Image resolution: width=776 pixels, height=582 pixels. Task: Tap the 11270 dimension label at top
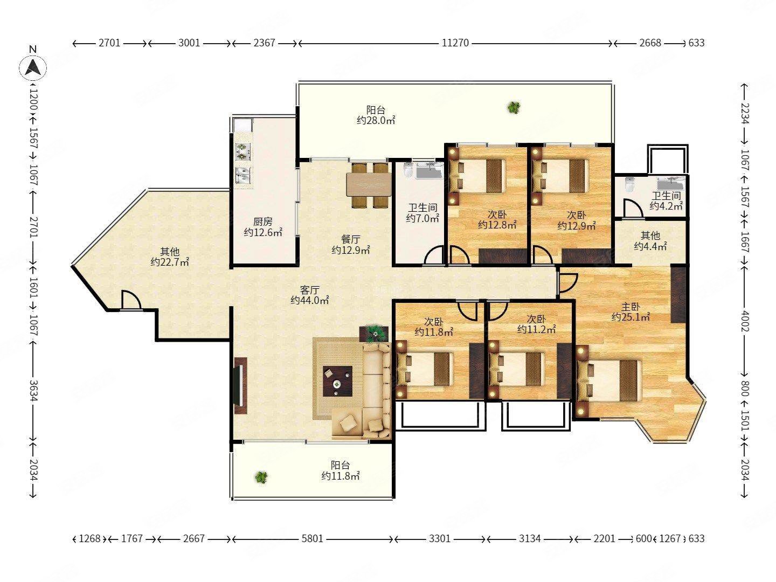(455, 43)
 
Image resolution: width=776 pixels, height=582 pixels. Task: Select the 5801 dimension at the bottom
(312, 538)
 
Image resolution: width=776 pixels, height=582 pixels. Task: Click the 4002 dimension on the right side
(744, 321)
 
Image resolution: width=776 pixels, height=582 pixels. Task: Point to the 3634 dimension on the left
(33, 391)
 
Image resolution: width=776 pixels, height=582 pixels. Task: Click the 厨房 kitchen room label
(263, 222)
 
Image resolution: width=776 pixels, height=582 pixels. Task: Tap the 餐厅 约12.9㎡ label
(351, 245)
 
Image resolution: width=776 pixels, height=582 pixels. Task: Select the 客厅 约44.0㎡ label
(310, 295)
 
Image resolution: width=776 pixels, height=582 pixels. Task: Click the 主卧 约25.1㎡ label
(630, 312)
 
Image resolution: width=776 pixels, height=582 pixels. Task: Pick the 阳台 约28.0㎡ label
(376, 115)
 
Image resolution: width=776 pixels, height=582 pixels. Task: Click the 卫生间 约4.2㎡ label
(666, 201)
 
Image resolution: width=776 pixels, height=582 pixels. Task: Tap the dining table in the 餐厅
(369, 184)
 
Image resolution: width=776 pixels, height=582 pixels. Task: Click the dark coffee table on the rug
(338, 382)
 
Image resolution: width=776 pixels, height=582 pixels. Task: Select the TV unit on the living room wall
(240, 386)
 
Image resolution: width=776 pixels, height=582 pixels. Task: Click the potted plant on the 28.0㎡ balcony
(514, 107)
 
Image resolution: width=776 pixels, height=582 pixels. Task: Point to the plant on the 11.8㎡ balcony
(261, 477)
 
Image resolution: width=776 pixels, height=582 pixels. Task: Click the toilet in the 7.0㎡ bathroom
(408, 170)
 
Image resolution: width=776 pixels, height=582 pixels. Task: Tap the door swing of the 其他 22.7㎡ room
(131, 300)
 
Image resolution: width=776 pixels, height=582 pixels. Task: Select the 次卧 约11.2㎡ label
(536, 324)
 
